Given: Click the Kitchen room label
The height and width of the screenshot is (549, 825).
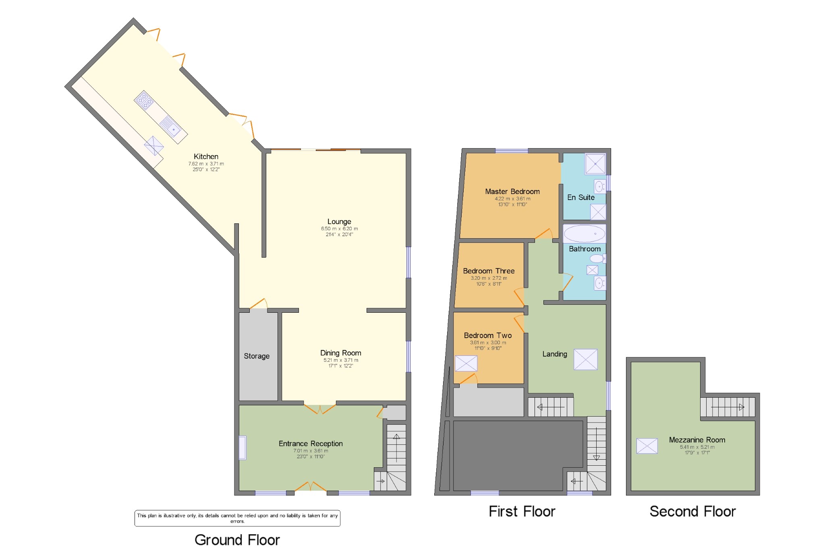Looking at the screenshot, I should click(x=206, y=157).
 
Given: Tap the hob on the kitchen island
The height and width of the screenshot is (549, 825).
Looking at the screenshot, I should click(x=144, y=101).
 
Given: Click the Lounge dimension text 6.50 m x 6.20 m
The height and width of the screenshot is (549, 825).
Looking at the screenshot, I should click(x=339, y=229).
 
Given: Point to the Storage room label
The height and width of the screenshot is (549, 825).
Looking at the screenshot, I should click(x=257, y=356).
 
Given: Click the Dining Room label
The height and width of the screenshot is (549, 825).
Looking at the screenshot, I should click(x=340, y=353).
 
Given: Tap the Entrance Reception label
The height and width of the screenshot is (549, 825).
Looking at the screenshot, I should click(x=311, y=444).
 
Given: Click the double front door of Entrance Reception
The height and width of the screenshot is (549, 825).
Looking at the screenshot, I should click(x=311, y=487).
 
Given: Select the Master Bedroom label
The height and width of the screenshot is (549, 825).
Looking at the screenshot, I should click(x=512, y=192).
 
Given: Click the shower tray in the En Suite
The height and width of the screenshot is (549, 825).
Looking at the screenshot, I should click(x=595, y=164).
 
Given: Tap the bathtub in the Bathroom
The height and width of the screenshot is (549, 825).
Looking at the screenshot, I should click(x=584, y=233).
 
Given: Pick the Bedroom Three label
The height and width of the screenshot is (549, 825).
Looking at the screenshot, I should click(x=489, y=271).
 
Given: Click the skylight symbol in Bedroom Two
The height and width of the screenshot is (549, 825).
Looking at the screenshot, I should click(x=466, y=363).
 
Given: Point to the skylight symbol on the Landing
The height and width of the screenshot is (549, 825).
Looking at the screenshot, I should click(x=585, y=359).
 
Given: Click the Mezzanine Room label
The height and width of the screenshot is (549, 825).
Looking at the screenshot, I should click(x=697, y=440).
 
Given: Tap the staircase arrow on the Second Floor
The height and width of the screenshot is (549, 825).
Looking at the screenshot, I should click(x=728, y=407).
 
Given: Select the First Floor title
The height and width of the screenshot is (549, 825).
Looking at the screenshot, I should click(x=522, y=512).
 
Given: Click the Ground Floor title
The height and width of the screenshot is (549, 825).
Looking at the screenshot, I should click(x=237, y=540).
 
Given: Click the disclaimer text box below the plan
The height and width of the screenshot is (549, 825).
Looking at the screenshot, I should click(x=237, y=518).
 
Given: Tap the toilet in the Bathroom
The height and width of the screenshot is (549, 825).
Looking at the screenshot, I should click(x=597, y=258).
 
